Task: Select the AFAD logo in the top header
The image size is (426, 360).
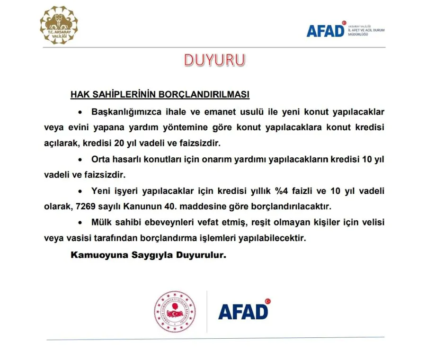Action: (x=325, y=31)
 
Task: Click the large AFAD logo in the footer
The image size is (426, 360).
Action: (x=243, y=311)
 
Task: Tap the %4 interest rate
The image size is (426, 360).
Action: (x=284, y=191)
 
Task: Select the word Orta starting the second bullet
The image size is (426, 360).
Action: (x=101, y=160)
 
